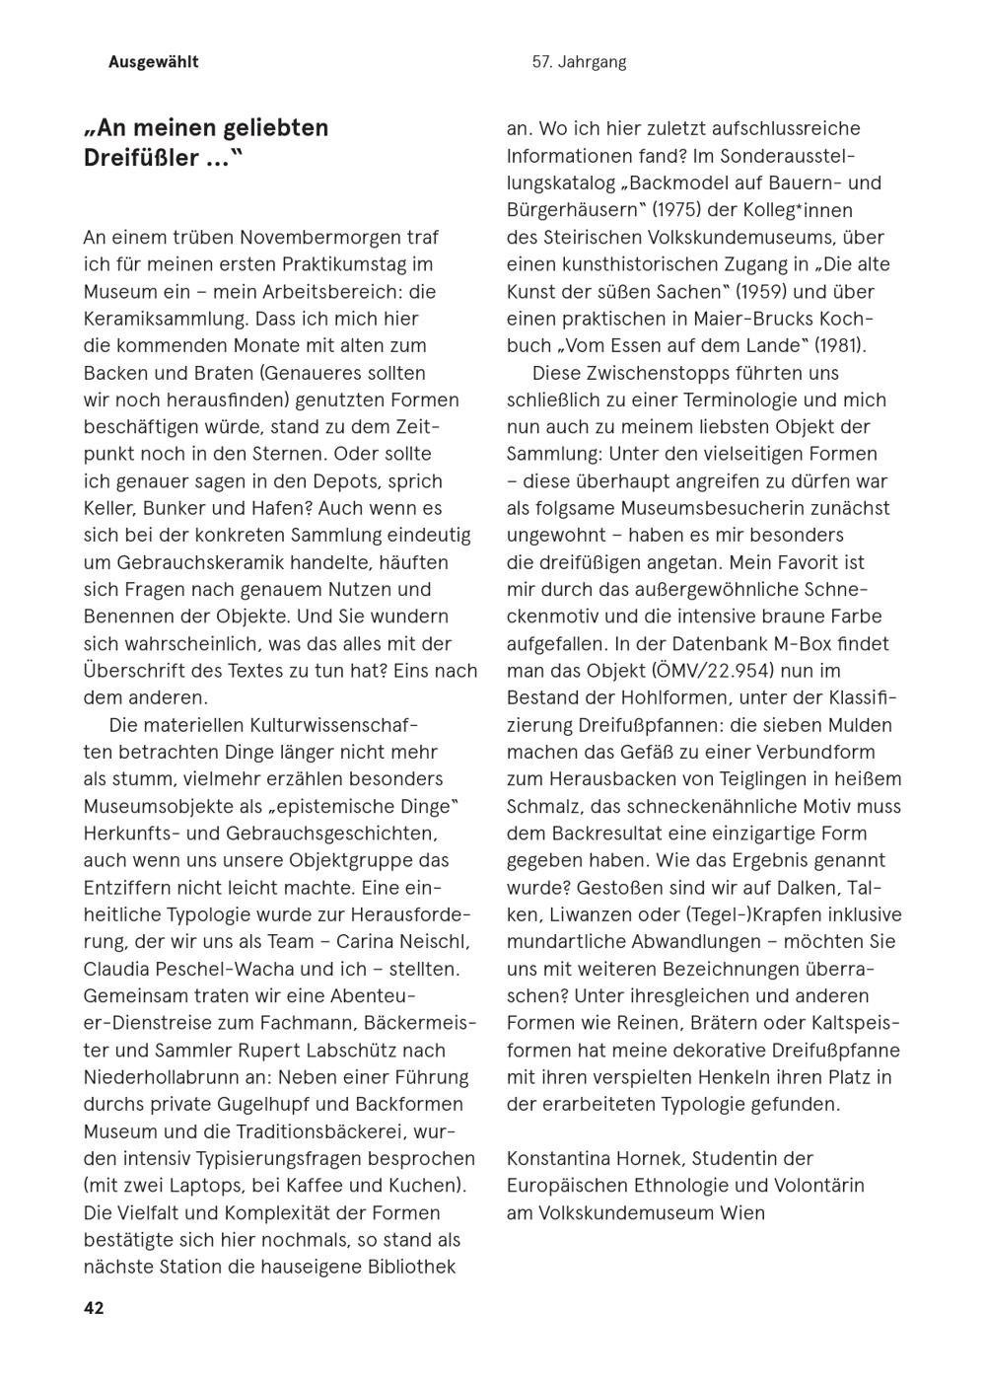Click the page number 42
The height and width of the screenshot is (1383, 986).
coord(94,1308)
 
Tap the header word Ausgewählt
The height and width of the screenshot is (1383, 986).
coord(153,62)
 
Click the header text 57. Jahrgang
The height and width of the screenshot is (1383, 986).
coord(579,62)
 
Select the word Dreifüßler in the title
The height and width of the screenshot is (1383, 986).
coord(141,158)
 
